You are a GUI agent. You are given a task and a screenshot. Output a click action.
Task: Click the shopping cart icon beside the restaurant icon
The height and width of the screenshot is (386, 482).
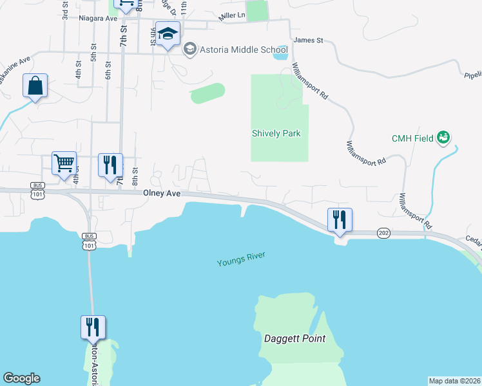(x=64, y=163)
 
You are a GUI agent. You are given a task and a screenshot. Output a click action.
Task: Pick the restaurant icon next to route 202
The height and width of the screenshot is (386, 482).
(x=339, y=220)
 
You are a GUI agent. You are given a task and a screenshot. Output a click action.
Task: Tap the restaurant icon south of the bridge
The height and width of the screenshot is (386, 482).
(x=93, y=327)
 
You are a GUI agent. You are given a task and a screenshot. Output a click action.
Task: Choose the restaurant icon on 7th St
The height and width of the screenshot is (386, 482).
(x=110, y=165)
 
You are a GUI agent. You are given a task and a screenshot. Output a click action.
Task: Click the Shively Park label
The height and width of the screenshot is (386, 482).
(x=276, y=133)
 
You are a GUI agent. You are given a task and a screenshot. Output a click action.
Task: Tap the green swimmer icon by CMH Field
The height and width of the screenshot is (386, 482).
(x=443, y=137)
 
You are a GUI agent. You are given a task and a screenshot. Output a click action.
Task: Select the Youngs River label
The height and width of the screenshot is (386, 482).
(x=241, y=260)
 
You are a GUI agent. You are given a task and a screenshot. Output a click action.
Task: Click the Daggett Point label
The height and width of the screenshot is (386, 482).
(x=294, y=338)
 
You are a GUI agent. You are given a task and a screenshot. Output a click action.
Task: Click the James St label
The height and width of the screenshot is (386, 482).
(x=307, y=41)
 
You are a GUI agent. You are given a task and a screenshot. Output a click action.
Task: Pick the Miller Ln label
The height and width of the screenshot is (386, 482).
(x=232, y=15)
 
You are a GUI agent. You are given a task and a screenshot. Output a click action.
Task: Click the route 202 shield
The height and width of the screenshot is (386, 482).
(x=383, y=233)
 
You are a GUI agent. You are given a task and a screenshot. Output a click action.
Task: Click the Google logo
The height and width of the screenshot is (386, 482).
(x=21, y=378)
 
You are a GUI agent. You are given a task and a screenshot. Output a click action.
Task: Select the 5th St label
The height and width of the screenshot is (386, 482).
(x=93, y=53)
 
